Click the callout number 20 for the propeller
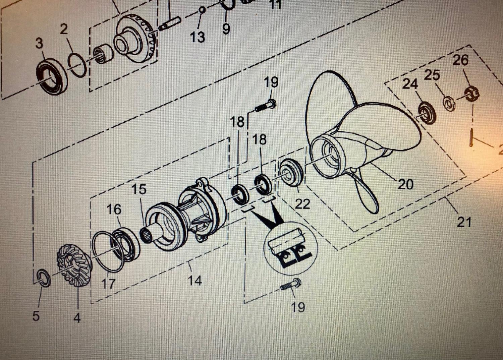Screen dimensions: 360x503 tap(405, 184)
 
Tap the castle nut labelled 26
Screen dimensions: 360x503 tap(471, 94)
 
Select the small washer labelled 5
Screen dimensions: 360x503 tap(43, 278)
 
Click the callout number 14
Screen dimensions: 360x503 tap(195, 280)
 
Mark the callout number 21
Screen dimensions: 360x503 tap(464, 222)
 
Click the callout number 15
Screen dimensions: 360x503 tap(139, 189)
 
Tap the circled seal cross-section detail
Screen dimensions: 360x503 tap(290, 248)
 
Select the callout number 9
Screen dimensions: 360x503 tap(226, 29)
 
